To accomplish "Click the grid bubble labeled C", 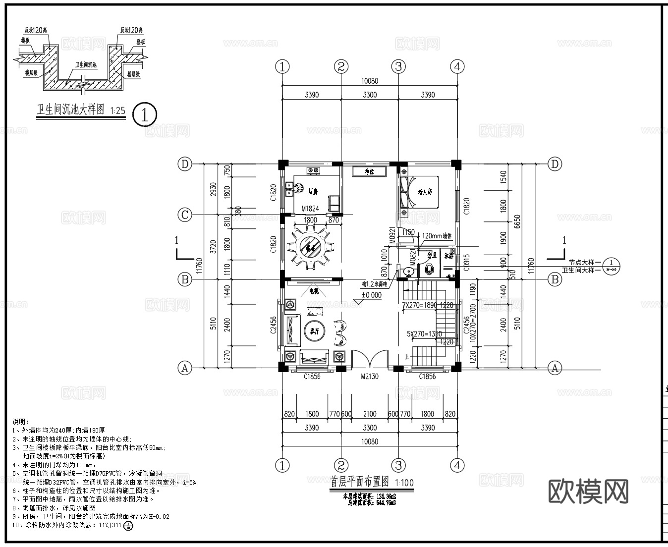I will [x=185, y=215].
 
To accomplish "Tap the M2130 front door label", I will [x=369, y=377].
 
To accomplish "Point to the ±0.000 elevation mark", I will [x=371, y=295].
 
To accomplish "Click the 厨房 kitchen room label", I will [x=312, y=191].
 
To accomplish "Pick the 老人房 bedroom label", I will [x=425, y=191].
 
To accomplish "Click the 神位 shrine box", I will [x=368, y=172].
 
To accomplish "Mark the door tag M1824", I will [x=310, y=209].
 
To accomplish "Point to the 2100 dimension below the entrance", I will [x=370, y=414].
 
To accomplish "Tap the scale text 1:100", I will [x=404, y=483].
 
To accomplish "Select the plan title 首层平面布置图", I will [x=359, y=482].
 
